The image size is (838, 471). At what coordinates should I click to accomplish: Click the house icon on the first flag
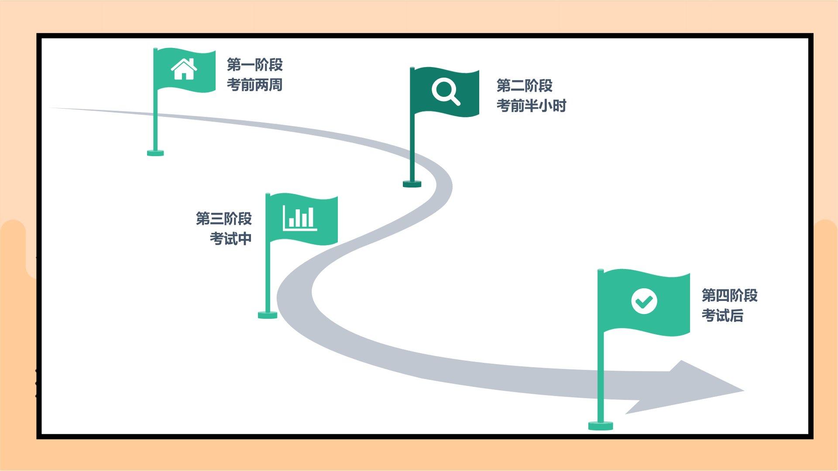tap(184, 69)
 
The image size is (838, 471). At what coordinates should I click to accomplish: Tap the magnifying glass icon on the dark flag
tap(446, 91)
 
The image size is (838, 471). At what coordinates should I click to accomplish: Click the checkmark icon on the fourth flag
tap(644, 301)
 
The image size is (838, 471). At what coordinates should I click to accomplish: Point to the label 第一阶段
tap(254, 65)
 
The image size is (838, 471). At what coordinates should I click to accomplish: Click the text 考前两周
tap(254, 85)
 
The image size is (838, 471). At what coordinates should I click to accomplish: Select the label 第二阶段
tap(524, 85)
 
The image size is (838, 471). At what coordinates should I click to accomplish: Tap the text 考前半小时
tap(531, 106)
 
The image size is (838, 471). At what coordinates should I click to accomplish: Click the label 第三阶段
tap(223, 218)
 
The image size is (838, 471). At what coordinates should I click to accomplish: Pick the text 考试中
tap(230, 239)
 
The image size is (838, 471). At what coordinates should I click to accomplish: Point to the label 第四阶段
tap(729, 295)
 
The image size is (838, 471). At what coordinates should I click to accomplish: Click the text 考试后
tap(722, 315)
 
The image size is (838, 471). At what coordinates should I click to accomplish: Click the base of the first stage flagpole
tap(155, 153)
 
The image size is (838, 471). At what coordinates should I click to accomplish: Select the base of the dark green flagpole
tap(412, 184)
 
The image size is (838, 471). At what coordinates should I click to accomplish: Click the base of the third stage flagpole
tap(268, 315)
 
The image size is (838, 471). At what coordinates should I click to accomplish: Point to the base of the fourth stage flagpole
tap(601, 426)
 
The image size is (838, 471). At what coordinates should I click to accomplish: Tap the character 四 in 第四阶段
tap(722, 295)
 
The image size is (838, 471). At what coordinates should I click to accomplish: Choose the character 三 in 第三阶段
tap(217, 218)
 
